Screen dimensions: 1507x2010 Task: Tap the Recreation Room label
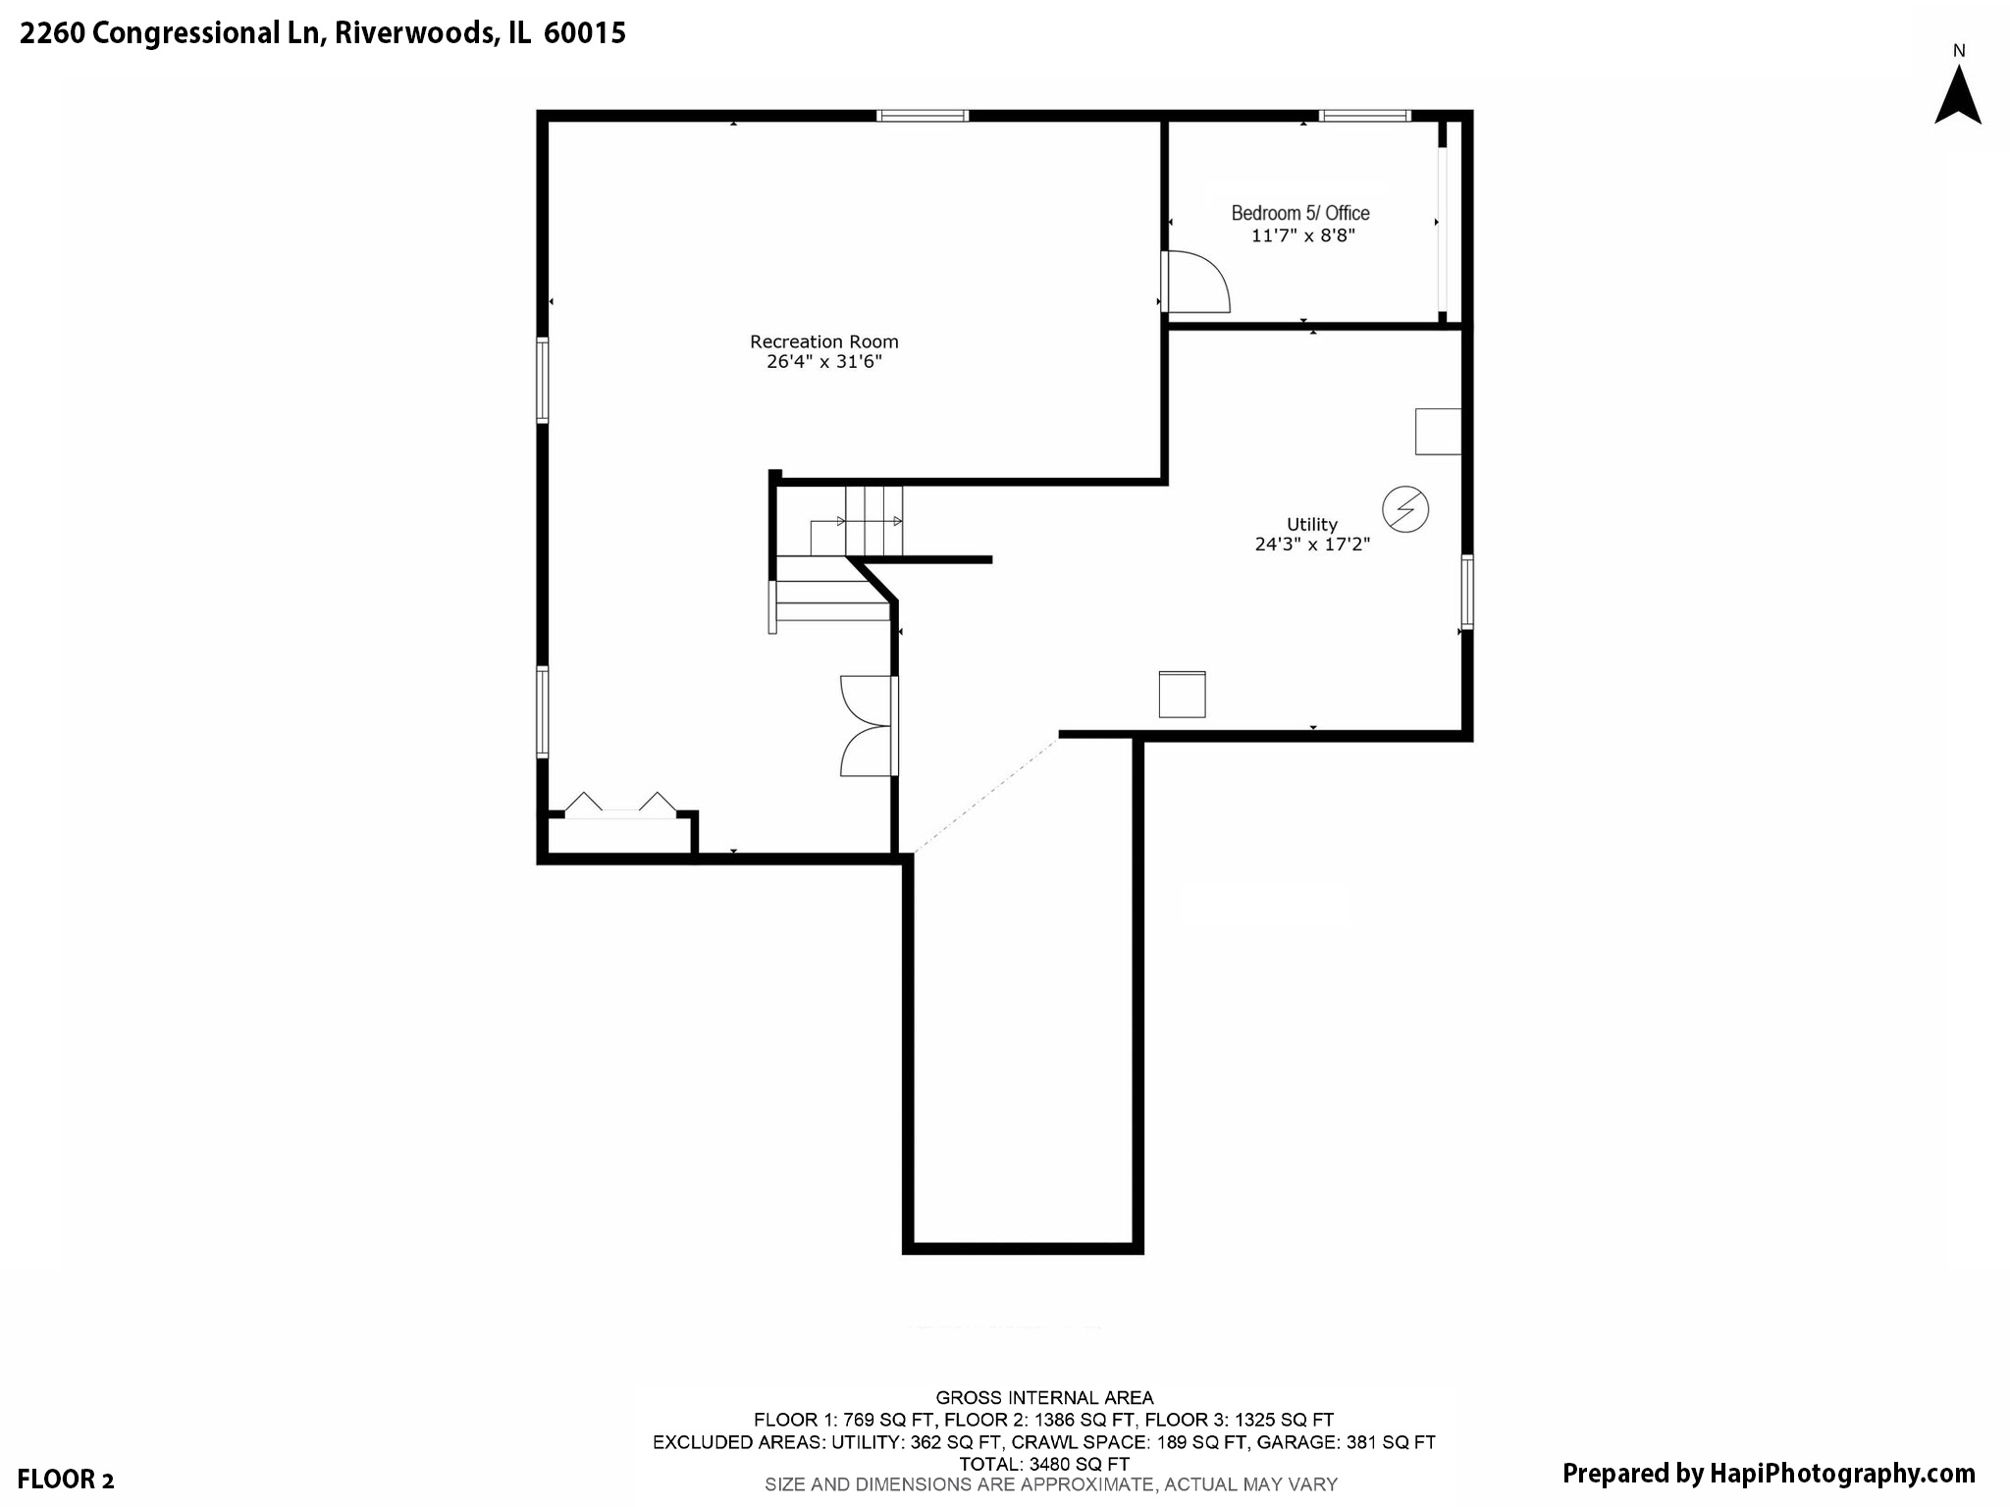click(824, 341)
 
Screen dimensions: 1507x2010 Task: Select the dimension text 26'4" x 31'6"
click(824, 362)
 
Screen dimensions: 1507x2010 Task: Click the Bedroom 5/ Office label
click(1300, 213)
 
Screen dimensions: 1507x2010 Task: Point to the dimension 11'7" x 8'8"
click(1302, 235)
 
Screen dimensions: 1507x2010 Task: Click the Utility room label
click(1312, 524)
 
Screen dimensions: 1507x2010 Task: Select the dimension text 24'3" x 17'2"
click(1312, 544)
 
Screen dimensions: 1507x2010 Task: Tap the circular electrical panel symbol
click(1404, 509)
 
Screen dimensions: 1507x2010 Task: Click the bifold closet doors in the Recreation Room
click(620, 804)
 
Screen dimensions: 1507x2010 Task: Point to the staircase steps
click(873, 521)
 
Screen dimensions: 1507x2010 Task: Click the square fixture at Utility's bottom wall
click(1182, 694)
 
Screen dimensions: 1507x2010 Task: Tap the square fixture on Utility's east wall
click(1438, 432)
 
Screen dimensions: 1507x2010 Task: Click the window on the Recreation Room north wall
click(923, 116)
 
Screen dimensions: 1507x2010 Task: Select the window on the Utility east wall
click(1467, 592)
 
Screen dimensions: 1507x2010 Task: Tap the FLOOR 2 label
click(67, 1480)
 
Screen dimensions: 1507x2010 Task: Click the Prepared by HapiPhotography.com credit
click(1768, 1474)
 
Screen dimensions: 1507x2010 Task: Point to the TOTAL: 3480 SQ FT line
click(1043, 1464)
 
